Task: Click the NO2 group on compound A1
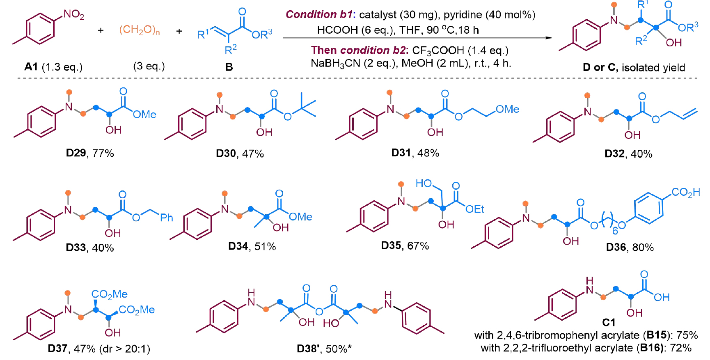coord(74,15)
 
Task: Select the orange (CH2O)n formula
coord(140,30)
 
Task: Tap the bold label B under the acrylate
coord(229,67)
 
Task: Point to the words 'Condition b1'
coord(319,15)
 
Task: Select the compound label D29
coord(76,153)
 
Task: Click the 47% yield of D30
coord(253,154)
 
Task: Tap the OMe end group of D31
coord(507,109)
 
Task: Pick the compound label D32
coord(615,154)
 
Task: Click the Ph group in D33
coord(166,218)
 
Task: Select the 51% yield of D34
coord(265,246)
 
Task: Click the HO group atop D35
coord(424,183)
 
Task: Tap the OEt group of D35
coord(475,209)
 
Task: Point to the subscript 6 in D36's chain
coord(615,231)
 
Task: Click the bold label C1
coord(609,323)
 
